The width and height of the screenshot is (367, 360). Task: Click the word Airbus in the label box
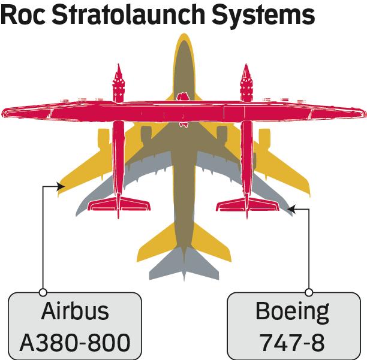(75, 311)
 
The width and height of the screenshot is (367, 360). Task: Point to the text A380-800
(75, 343)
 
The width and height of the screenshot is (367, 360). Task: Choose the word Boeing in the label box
(292, 311)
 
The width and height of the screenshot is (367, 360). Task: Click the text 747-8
(292, 343)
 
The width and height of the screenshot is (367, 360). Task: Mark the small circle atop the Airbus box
(43, 292)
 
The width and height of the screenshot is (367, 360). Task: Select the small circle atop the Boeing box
(309, 292)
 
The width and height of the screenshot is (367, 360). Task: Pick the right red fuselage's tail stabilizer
(246, 204)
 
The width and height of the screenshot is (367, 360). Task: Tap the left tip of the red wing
(5, 112)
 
